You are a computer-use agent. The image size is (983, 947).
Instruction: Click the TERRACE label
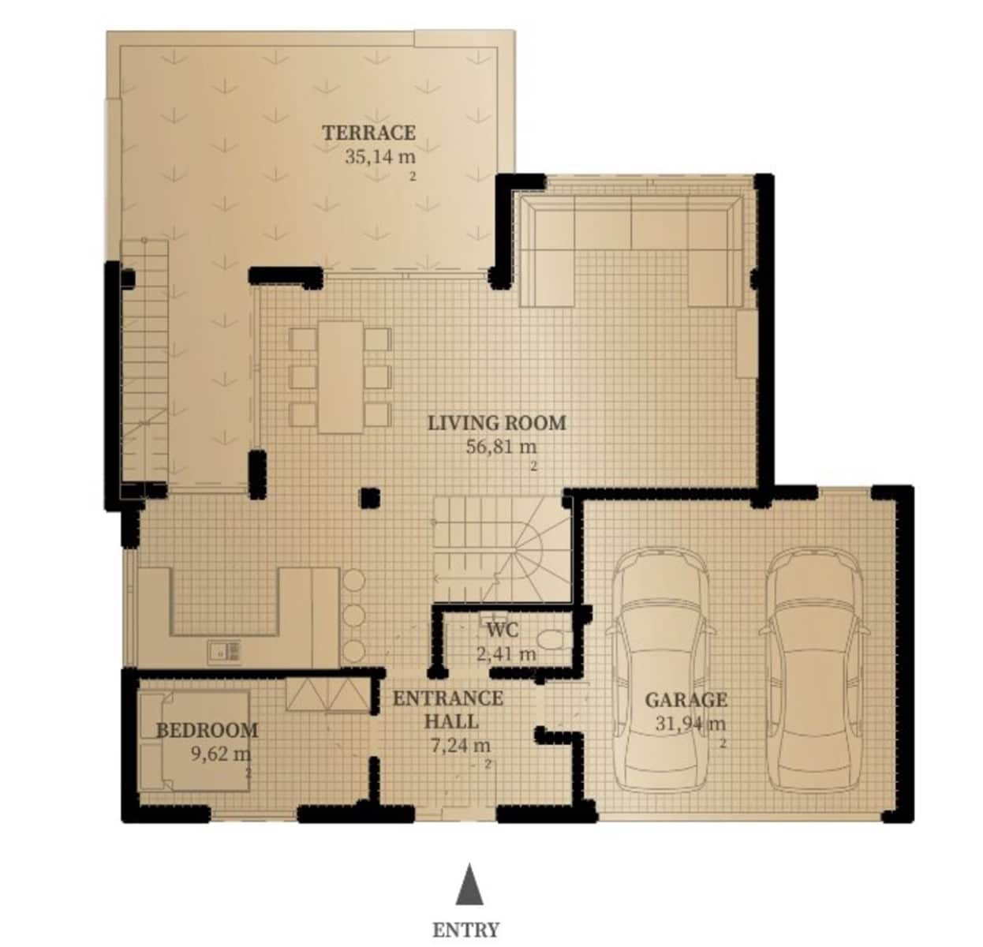pos(368,133)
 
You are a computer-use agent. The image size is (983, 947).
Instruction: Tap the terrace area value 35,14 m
pos(379,156)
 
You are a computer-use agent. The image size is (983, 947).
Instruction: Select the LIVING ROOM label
pos(496,423)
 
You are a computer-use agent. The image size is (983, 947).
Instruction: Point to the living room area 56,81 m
pos(501,447)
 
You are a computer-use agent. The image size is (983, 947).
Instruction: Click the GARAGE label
pos(686,700)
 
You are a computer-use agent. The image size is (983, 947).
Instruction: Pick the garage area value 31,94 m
pos(690,724)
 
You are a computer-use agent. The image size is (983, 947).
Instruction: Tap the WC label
pos(503,630)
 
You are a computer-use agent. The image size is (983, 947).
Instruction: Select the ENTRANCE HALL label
pos(448,709)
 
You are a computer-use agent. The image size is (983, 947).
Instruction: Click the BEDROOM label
pos(207,730)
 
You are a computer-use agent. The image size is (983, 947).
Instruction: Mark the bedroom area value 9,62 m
pos(220,754)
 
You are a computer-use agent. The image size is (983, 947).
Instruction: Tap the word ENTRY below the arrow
pos(465,930)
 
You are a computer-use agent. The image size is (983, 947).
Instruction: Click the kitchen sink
pos(224,651)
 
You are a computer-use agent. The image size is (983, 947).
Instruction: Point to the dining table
pos(341,376)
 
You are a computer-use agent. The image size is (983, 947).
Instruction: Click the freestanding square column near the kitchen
pos(370,497)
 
